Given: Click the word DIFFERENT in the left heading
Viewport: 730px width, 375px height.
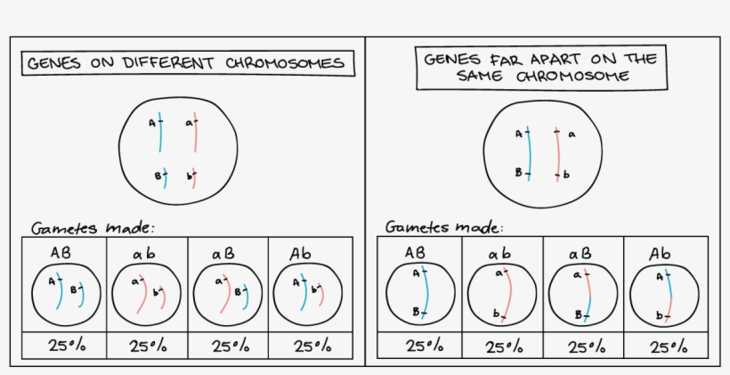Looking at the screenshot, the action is click(168, 63).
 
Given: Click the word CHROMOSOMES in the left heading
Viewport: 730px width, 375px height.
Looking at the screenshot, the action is click(285, 63).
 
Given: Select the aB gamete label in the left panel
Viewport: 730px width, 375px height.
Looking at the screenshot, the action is click(223, 255).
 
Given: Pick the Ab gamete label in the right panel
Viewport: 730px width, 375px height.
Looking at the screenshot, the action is click(660, 254).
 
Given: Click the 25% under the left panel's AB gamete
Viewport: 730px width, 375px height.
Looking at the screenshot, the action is click(67, 346).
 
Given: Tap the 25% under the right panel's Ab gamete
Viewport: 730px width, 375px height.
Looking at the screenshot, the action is click(669, 347).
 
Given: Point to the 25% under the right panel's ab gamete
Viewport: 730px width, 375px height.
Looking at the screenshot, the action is click(504, 347).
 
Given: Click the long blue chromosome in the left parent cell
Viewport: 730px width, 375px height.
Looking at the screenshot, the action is click(160, 132).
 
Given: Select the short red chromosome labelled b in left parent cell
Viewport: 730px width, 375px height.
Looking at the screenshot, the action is click(194, 178).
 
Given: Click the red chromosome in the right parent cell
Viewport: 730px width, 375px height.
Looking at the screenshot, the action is click(557, 154).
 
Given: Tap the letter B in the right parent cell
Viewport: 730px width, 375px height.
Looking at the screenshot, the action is click(518, 173).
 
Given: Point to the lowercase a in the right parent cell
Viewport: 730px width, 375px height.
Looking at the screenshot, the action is click(572, 135).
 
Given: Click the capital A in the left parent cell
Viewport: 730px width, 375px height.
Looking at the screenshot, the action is click(151, 124).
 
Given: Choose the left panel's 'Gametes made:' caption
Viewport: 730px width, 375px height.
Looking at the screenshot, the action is click(93, 228).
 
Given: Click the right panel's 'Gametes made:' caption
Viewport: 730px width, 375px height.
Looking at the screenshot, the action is click(444, 227).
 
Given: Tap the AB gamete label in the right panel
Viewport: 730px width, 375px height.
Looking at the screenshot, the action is click(415, 253).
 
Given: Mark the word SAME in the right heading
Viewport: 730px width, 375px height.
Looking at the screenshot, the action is click(480, 76).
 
